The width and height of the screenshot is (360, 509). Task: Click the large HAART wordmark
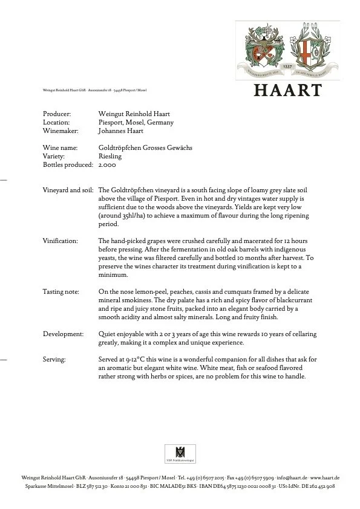point(287,90)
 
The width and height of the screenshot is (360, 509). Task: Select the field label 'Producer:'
point(57,114)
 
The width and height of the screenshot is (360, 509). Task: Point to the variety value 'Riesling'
point(110,156)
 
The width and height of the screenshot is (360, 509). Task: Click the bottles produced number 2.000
point(106,164)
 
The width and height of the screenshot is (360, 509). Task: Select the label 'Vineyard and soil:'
point(67,190)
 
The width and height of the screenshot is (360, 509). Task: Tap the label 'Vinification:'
point(60,241)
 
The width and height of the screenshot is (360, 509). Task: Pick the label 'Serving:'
point(54,359)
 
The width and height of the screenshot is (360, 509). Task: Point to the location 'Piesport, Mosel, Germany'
point(136,122)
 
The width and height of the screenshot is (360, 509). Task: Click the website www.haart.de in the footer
point(325,478)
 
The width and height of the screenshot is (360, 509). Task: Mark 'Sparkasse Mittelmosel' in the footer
point(48,486)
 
